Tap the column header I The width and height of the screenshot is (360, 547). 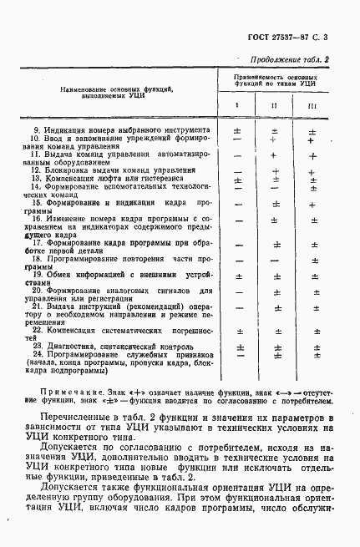[x=237, y=106]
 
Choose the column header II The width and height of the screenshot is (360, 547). [x=275, y=106]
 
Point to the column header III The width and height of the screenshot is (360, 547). [x=312, y=106]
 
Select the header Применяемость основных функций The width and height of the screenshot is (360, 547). [x=275, y=80]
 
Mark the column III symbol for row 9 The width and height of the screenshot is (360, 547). [x=312, y=132]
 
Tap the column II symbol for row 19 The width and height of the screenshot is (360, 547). [x=275, y=276]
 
